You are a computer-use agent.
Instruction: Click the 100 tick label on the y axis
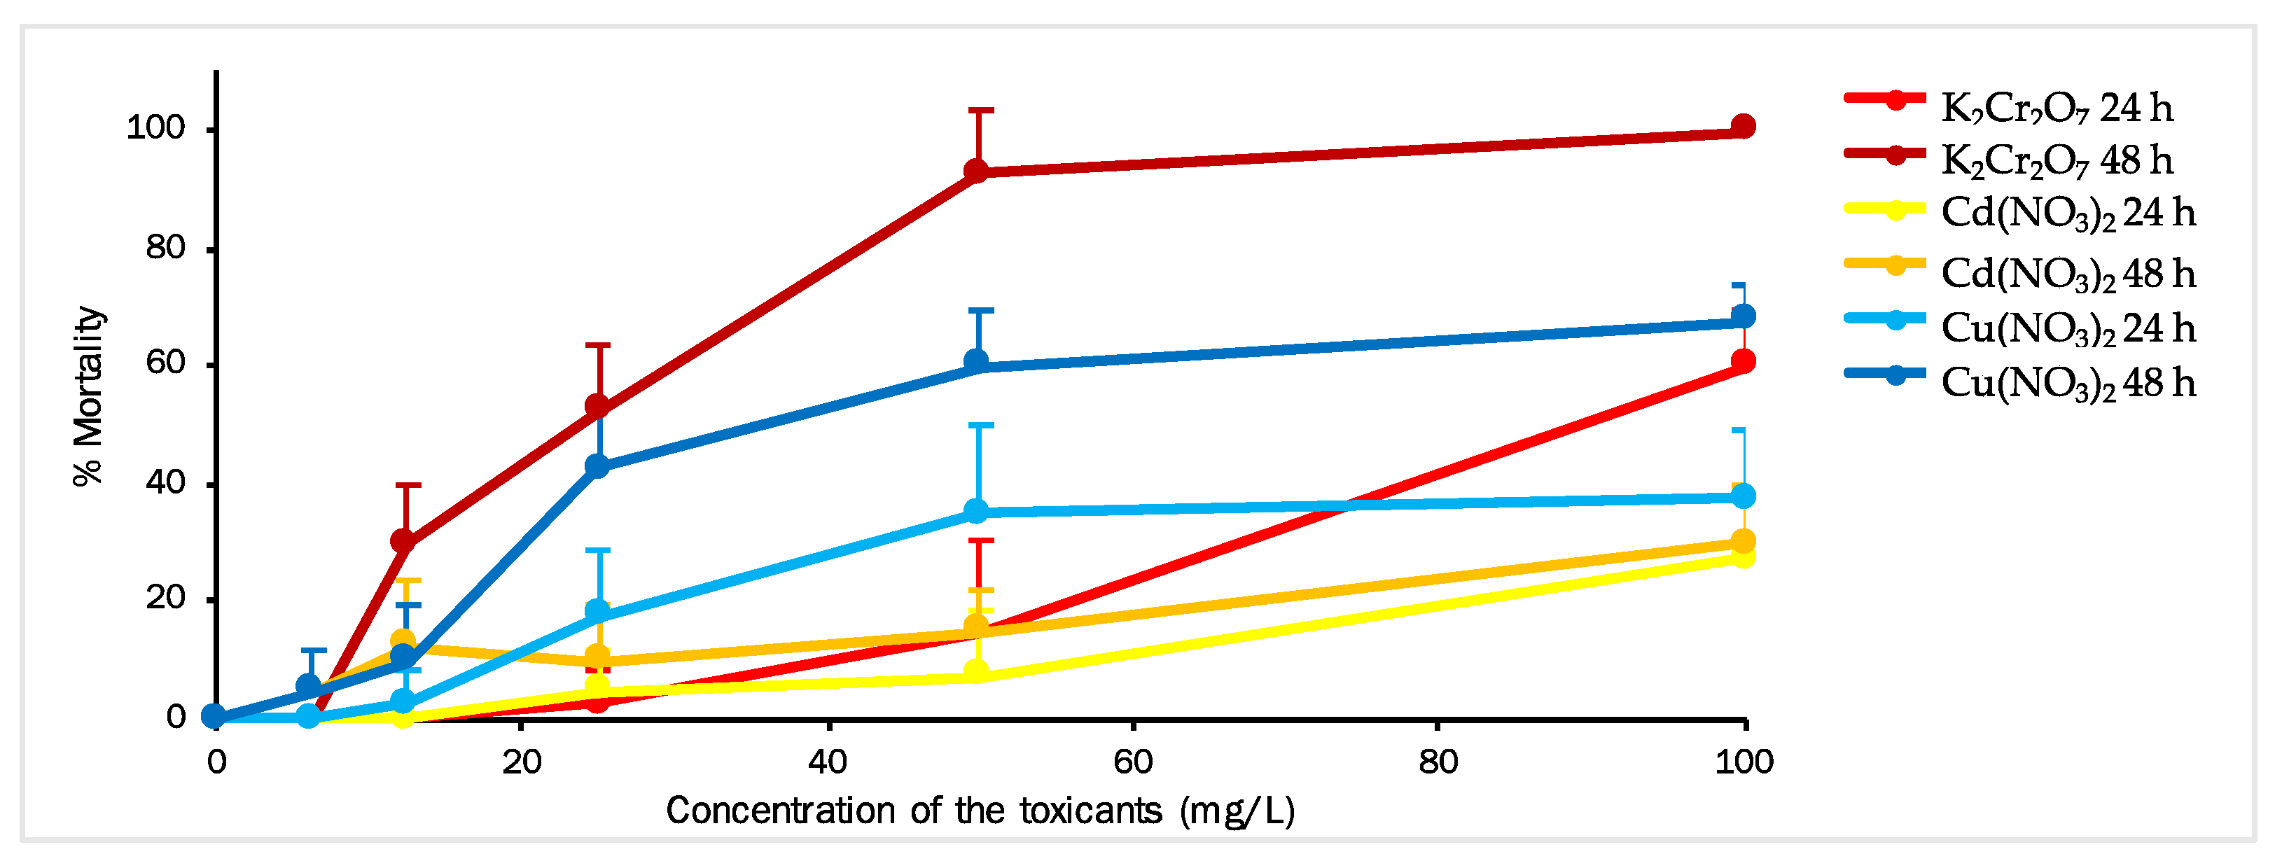tap(156, 128)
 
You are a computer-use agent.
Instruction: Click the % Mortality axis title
tap(88, 395)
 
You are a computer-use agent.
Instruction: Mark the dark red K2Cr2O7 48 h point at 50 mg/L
tap(976, 171)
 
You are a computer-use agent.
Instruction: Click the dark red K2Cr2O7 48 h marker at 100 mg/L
tap(1742, 126)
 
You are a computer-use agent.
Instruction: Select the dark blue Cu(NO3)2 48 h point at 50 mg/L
tap(976, 361)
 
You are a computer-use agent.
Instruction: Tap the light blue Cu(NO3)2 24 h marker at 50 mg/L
tap(976, 510)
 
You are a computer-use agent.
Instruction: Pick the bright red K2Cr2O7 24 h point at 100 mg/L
tap(1742, 361)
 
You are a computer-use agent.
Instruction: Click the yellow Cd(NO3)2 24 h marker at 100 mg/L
tap(1742, 556)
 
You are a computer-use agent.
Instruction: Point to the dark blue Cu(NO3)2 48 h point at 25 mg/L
tap(598, 465)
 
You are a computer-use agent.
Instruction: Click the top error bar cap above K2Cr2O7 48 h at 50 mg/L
tap(980, 111)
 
